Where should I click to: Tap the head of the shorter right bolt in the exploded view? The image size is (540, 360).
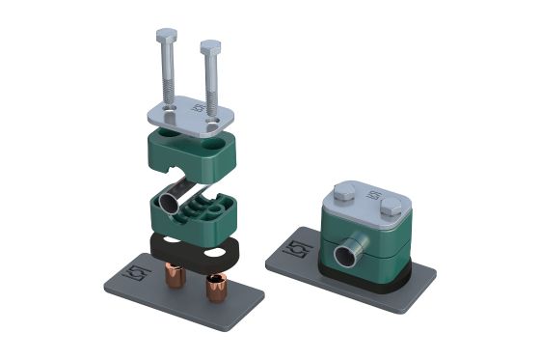click(x=210, y=45)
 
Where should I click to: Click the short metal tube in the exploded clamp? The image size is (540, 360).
click(x=171, y=201)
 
